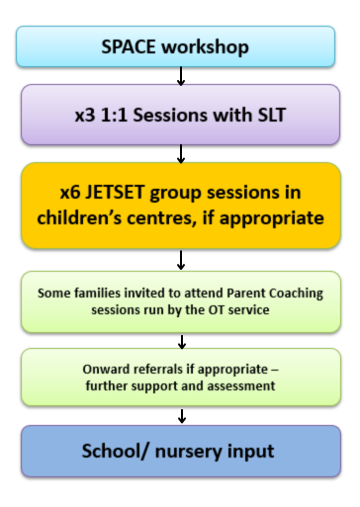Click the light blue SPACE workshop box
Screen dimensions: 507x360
[x=179, y=46]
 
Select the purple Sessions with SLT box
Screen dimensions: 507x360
[x=179, y=114]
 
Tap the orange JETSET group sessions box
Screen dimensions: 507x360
[x=179, y=206]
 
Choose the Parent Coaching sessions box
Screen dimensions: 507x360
[x=179, y=300]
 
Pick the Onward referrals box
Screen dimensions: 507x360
[x=179, y=378]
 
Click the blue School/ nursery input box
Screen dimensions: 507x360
[x=179, y=452]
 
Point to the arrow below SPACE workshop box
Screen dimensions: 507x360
[x=180, y=76]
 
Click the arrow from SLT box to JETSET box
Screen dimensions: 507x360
[x=180, y=152]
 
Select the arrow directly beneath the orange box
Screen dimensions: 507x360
[x=180, y=260]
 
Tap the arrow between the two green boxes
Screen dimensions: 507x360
[x=180, y=340]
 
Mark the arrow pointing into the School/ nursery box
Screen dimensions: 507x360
[x=180, y=415]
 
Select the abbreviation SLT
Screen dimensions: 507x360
[x=263, y=115]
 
